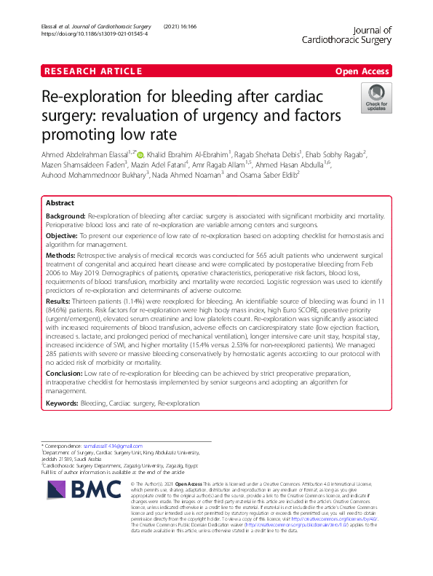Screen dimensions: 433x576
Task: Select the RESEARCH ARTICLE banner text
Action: (92, 71)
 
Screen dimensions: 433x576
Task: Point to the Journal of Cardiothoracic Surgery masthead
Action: (346, 36)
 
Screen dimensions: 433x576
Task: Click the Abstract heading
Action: (60, 203)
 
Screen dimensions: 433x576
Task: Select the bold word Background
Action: (65, 217)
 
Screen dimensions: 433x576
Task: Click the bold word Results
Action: (59, 299)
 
